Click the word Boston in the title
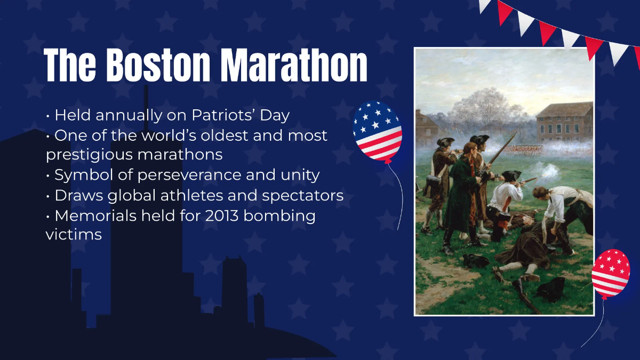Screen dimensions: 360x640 click(x=159, y=66)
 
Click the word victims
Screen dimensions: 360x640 click(x=74, y=235)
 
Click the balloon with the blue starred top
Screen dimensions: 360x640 click(x=378, y=131)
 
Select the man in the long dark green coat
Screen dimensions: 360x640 click(x=461, y=197)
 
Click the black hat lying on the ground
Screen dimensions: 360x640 click(x=549, y=289)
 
